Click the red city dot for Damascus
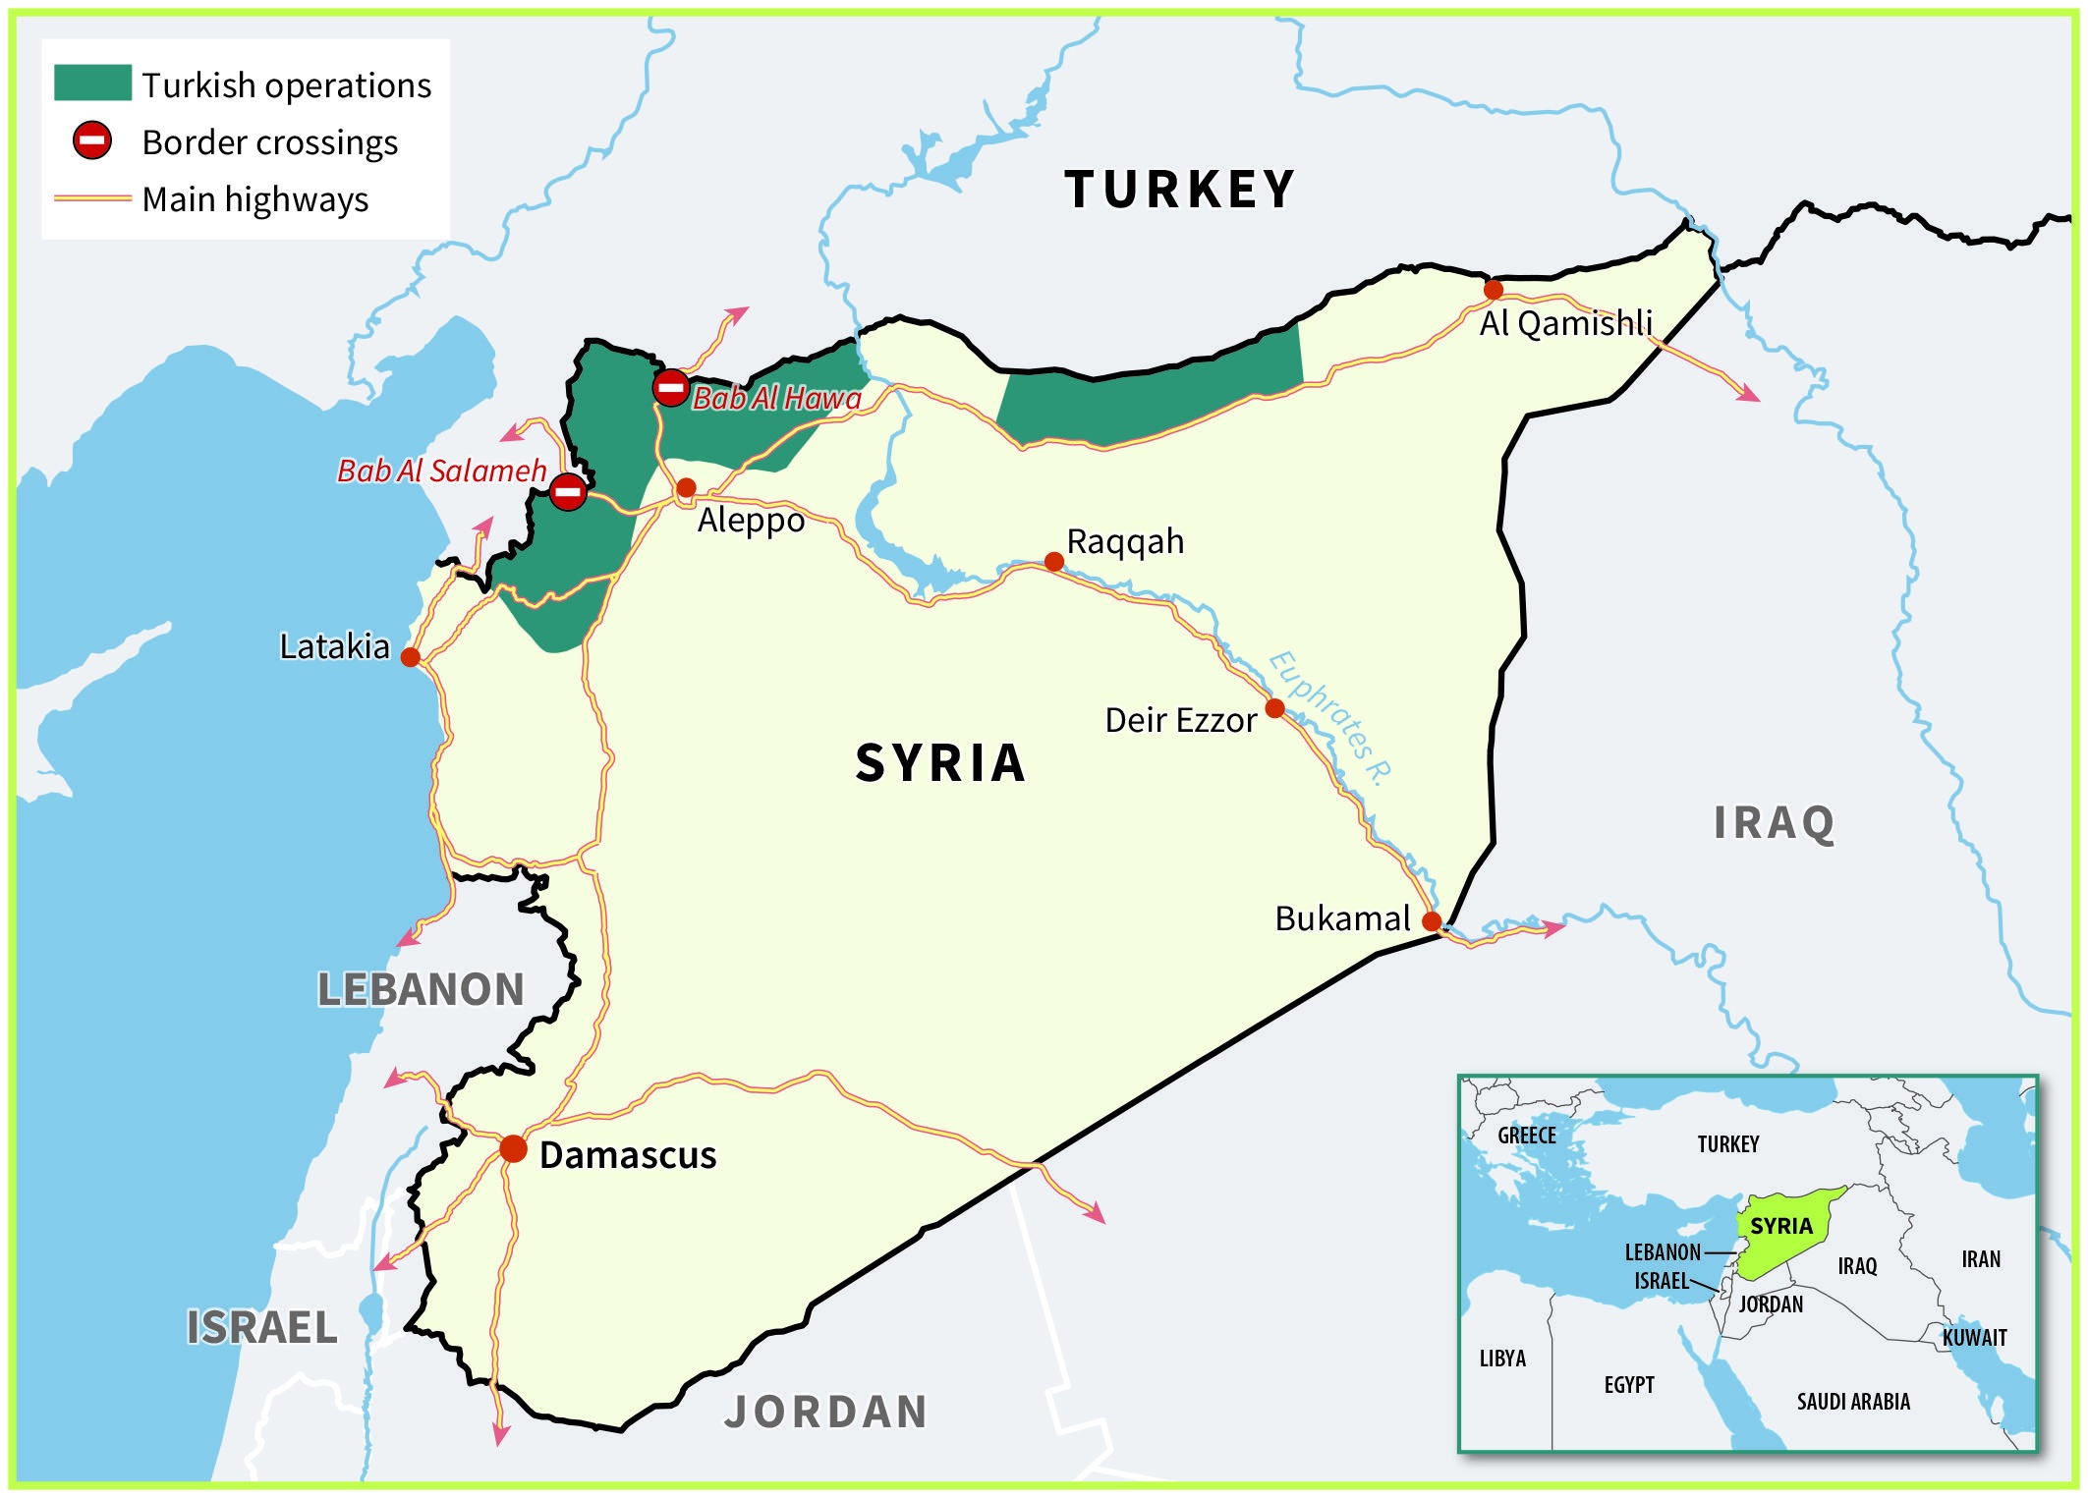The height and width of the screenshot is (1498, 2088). tap(513, 1148)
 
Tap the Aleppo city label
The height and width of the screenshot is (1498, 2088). tap(751, 520)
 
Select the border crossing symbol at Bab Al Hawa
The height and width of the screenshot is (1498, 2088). tap(671, 387)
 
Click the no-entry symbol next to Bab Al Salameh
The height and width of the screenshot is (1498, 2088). tap(568, 491)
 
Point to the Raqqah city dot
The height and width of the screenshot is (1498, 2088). tap(1053, 562)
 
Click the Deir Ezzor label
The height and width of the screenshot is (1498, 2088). tap(1180, 720)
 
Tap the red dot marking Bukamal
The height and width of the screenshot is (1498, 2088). tap(1432, 921)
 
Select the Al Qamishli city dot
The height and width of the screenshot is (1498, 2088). tap(1494, 290)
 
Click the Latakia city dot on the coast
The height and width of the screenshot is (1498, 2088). tap(411, 657)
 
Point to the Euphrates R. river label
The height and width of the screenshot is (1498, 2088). tap(1330, 718)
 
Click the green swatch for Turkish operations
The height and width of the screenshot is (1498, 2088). tap(92, 83)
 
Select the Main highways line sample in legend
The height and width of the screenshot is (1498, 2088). tap(92, 198)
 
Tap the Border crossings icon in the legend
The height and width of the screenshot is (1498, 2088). tap(92, 140)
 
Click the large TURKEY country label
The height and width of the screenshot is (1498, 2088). tap(1180, 189)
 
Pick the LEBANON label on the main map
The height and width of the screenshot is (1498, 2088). tap(421, 988)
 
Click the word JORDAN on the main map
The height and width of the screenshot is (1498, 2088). tap(826, 1412)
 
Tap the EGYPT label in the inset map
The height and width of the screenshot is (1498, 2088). tap(1629, 1385)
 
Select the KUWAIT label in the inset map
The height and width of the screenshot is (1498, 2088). tap(1974, 1337)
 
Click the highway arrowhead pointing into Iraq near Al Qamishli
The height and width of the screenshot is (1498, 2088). tap(1750, 396)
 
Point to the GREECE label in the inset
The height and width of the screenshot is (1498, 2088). tap(1527, 1136)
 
